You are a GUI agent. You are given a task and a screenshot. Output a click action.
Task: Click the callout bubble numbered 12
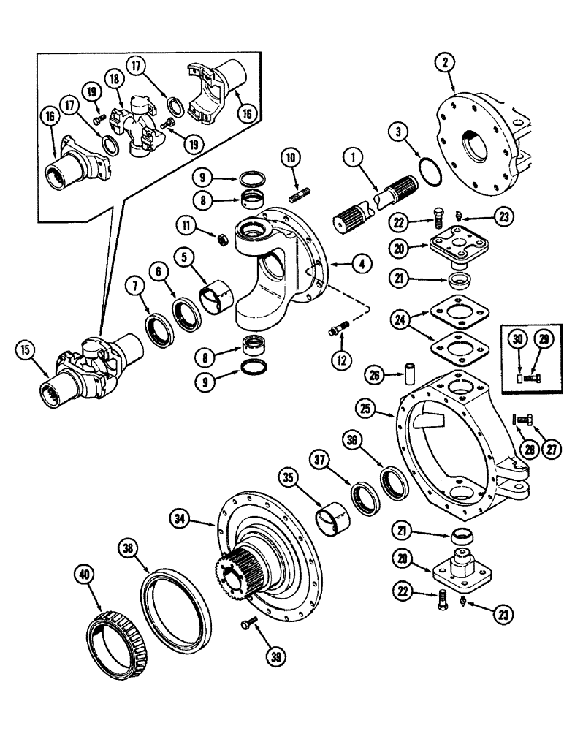[340, 360]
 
